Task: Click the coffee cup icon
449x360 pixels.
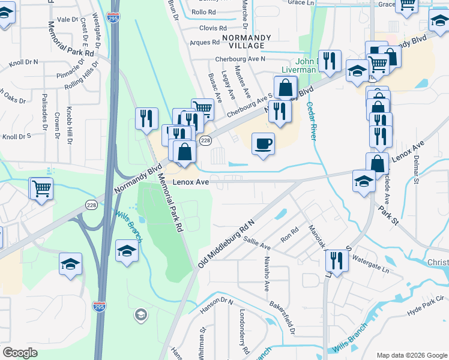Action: (262, 144)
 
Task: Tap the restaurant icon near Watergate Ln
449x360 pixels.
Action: (337, 261)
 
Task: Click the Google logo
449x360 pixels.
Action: (20, 352)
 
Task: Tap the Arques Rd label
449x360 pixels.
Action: (205, 43)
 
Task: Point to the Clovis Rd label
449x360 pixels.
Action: (213, 28)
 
